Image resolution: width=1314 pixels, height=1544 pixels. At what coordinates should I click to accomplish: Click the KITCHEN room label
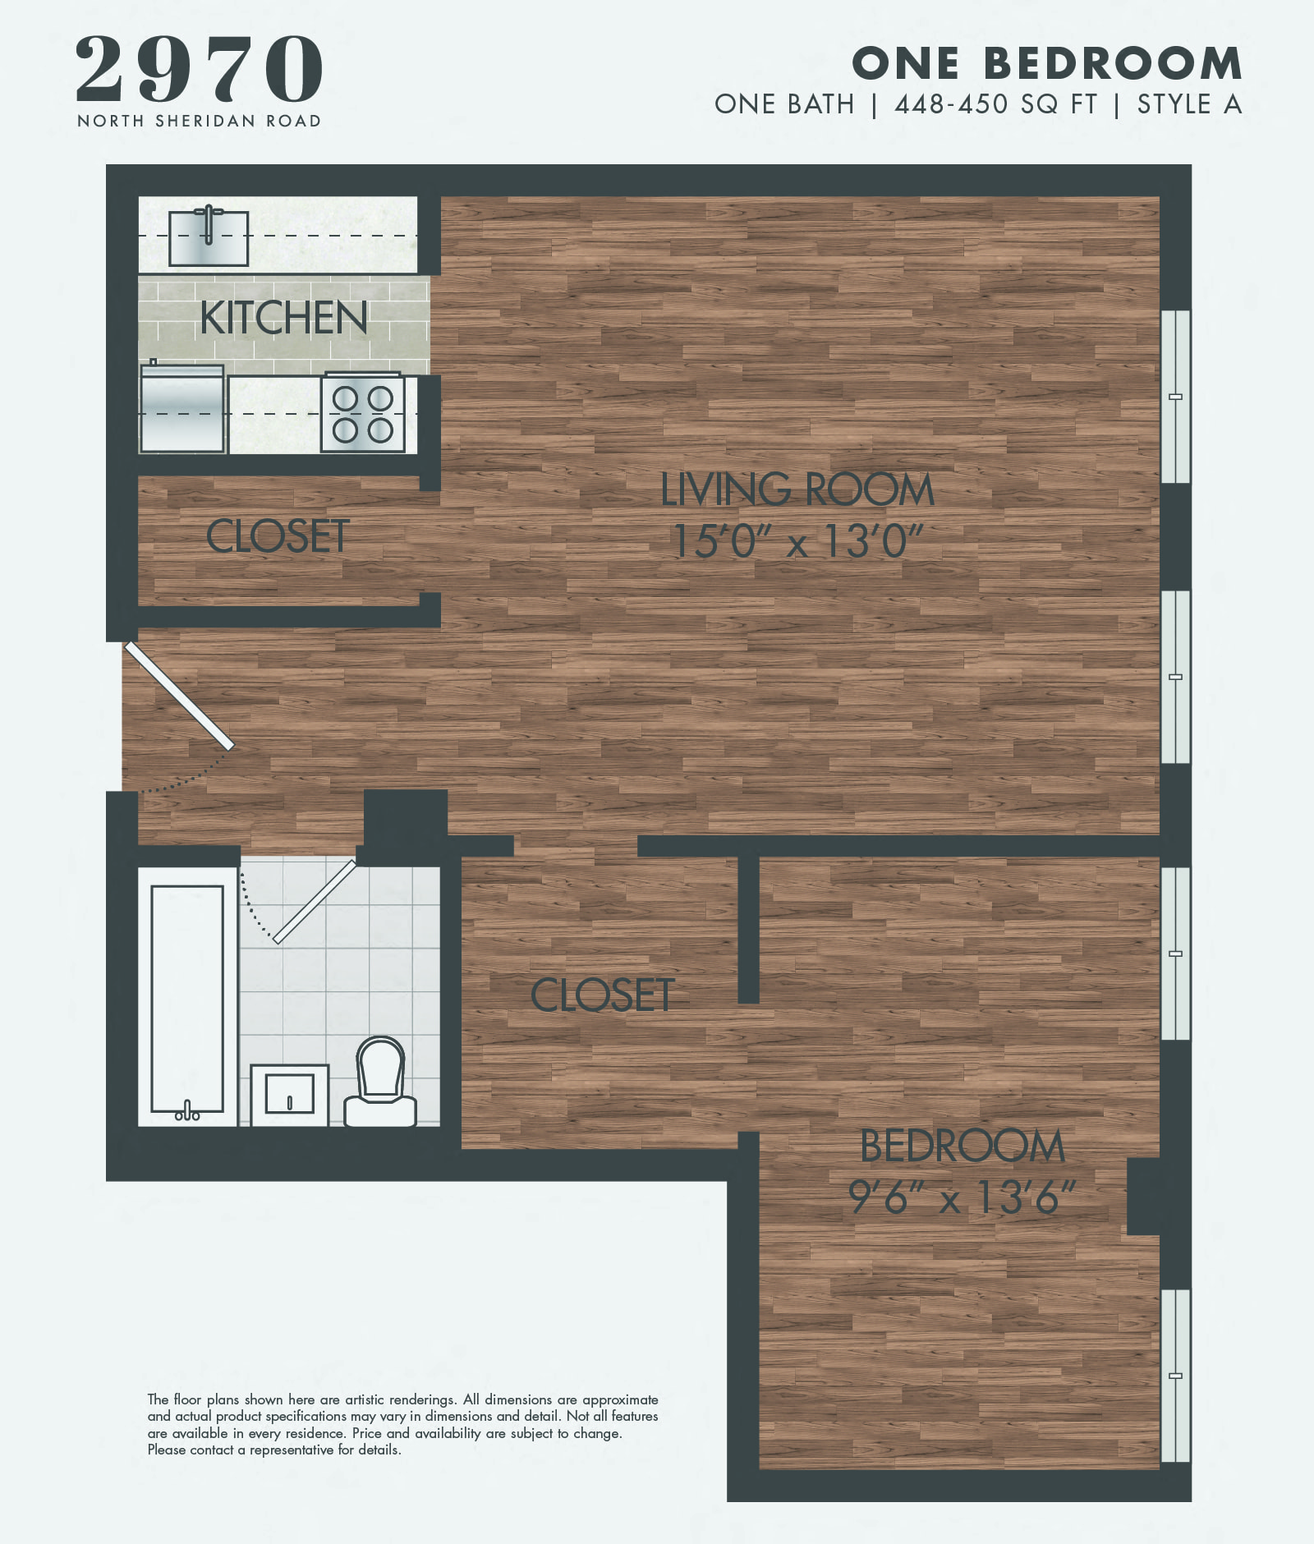coord(283,318)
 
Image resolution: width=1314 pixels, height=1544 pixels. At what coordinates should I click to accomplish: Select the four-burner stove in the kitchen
coord(362,412)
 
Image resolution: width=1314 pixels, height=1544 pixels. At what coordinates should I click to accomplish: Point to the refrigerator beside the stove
coord(182,409)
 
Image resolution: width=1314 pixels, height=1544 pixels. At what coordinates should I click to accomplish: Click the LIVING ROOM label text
coord(797,490)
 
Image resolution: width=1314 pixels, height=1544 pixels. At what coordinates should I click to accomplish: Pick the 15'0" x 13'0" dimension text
coord(797,541)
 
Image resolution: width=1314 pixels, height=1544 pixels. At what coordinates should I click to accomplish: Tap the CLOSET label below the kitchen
coord(278,537)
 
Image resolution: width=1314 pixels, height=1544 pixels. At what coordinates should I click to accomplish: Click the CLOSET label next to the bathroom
coord(602,995)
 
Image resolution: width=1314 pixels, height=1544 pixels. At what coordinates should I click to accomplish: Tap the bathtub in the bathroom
coord(187,998)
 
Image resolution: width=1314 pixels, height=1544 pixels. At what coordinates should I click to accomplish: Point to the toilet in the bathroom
coord(380,1082)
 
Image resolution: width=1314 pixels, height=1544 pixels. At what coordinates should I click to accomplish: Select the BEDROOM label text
coord(962,1147)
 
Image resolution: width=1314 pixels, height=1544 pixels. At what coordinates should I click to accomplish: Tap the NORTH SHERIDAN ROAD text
coord(199,122)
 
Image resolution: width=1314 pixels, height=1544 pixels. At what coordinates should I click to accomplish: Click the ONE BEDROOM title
coord(1047,64)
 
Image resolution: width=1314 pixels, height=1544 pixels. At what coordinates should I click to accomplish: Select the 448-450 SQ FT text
coord(995,105)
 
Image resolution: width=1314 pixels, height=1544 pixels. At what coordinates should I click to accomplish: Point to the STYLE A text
coord(1189,105)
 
